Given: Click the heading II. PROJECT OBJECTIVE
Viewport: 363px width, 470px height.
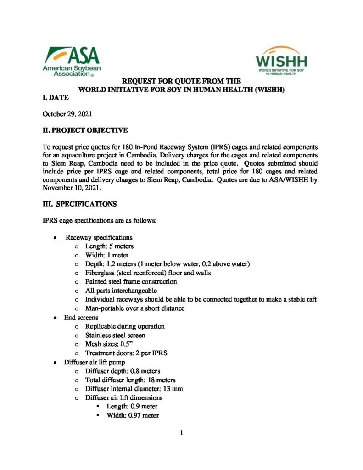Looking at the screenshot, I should coord(85,131).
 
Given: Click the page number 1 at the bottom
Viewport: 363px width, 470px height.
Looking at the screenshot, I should coord(181,432).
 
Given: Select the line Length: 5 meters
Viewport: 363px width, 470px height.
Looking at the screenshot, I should coord(109,246).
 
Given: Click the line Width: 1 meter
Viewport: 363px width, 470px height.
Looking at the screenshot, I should coord(107,255).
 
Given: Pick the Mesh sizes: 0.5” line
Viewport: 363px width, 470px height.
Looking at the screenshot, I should coord(110,344).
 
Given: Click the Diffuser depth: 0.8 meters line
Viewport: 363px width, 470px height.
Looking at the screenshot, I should coord(123,371).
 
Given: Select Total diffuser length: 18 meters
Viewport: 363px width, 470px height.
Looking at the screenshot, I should coord(130,380).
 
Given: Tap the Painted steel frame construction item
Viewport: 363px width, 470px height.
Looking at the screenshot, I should coord(131,282).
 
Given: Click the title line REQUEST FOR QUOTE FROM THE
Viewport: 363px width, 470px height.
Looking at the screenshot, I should coord(181,81).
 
